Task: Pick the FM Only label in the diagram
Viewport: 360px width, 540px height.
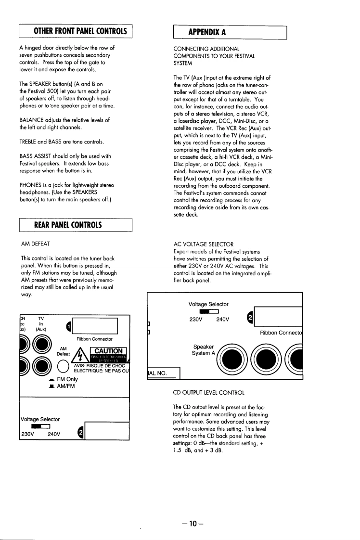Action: [x=67, y=379]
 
